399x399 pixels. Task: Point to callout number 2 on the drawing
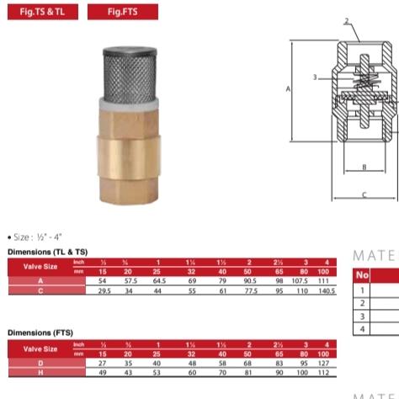(348, 20)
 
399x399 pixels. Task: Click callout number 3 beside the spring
(315, 77)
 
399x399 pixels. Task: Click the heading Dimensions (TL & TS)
(47, 251)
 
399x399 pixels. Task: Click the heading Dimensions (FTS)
(40, 332)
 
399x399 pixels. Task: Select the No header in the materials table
(363, 274)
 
